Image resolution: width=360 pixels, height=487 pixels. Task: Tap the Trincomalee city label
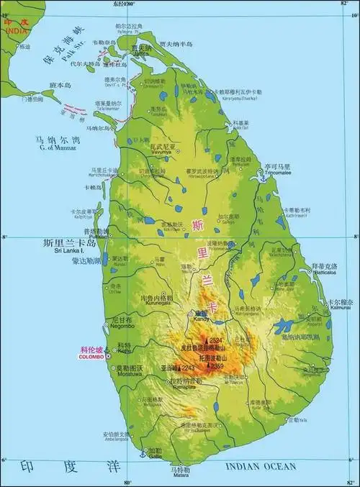pos(276,173)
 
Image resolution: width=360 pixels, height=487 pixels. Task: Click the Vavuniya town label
pos(163,153)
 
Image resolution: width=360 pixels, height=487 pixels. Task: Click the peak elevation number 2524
pos(216,340)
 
